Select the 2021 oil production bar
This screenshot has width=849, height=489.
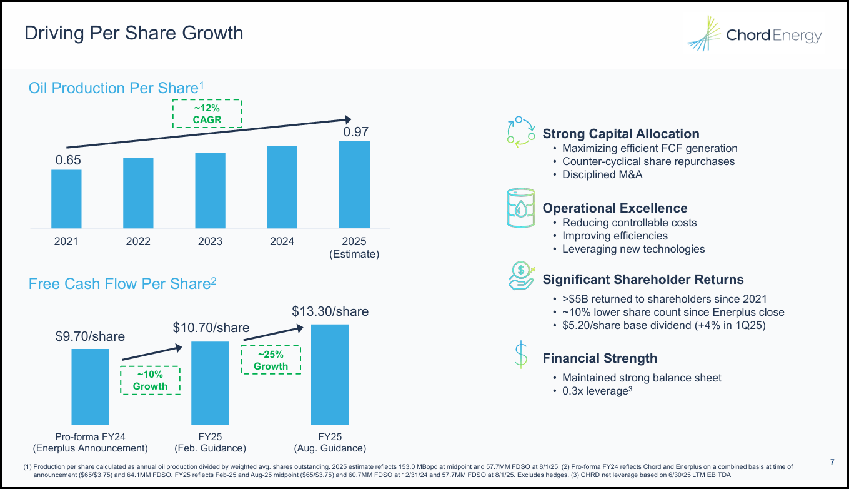[66, 199]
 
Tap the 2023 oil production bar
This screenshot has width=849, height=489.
[210, 191]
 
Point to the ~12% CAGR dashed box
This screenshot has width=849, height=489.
[207, 114]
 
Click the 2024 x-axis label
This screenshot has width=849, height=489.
[282, 242]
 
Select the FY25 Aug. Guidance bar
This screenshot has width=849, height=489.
[330, 375]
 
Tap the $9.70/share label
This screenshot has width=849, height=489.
[90, 336]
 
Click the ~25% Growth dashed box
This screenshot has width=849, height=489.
[271, 360]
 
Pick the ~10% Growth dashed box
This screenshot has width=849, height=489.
[150, 380]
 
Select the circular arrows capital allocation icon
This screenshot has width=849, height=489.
[520, 132]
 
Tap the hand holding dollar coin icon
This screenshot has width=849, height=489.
[520, 276]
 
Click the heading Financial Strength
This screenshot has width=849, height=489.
[600, 358]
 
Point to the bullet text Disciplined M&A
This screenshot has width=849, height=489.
[602, 174]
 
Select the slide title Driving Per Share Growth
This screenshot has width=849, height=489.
[134, 33]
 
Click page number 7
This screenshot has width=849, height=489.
[832, 462]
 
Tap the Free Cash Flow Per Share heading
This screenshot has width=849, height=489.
[122, 284]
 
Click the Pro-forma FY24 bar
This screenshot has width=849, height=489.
[90, 386]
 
